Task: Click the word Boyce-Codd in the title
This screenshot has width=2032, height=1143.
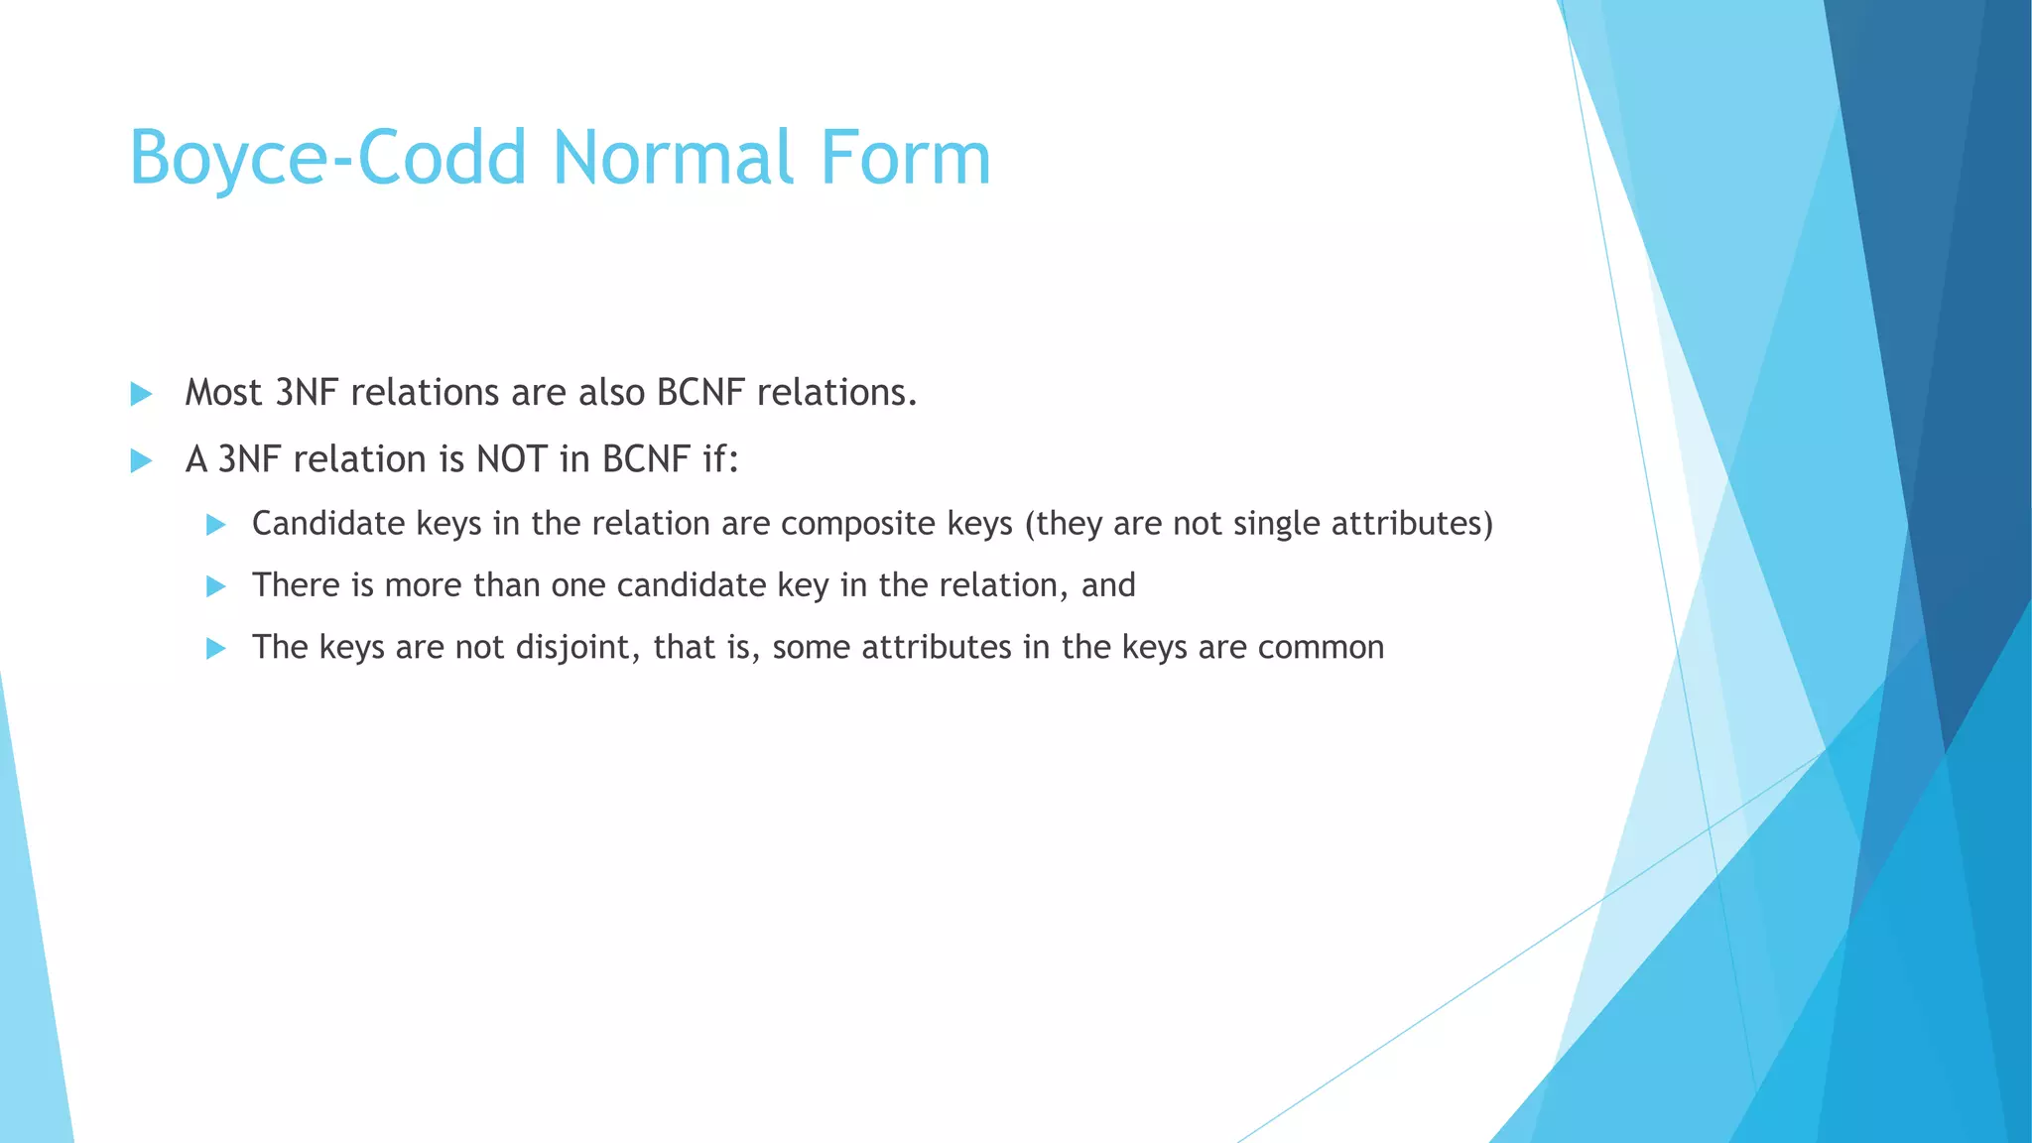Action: tap(327, 159)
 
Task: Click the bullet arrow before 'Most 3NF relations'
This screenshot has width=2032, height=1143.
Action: tap(141, 394)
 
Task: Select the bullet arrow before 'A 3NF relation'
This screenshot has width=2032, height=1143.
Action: tap(141, 460)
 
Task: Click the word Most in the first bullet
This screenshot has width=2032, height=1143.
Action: tap(223, 393)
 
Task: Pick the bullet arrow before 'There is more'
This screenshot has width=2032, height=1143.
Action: tap(215, 586)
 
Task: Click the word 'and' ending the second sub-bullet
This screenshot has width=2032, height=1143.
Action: tap(1108, 585)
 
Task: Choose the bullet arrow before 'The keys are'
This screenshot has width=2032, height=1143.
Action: tap(215, 649)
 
